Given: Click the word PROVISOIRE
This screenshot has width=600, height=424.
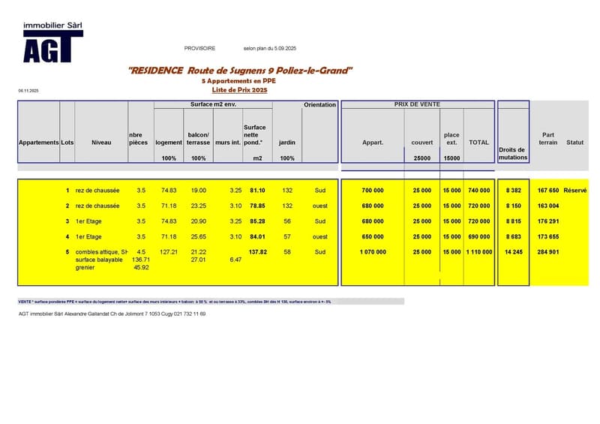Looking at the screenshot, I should point(199,48).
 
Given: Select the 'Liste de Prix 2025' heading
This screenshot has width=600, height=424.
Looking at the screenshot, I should point(240,90).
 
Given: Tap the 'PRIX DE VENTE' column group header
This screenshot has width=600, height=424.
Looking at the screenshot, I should point(417,104).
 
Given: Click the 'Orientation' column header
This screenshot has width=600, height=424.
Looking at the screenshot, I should point(320,105).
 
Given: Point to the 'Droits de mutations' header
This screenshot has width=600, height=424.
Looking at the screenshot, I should point(513,154).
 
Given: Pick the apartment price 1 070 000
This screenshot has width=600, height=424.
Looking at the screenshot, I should point(373,252).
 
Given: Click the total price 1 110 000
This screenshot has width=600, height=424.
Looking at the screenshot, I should point(479,252).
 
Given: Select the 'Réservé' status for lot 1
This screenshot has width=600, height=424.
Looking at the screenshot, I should point(576,191).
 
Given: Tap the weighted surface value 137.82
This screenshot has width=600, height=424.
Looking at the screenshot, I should point(258,252).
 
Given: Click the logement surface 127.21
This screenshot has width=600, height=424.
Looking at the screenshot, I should point(169,252).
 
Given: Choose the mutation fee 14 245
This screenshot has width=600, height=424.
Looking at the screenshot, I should point(514,252).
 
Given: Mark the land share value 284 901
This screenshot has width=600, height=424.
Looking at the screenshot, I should point(548,252).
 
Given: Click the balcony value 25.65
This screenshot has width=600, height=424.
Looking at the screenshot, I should point(199,236).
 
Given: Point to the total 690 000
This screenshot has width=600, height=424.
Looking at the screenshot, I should point(479,236).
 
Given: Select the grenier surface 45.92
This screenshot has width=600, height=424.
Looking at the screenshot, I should point(141,267).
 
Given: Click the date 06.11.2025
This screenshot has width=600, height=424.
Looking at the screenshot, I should point(28,90).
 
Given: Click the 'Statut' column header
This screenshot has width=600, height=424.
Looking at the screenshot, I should point(575,142).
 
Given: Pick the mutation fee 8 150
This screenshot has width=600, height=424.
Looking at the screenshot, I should point(514,206).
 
